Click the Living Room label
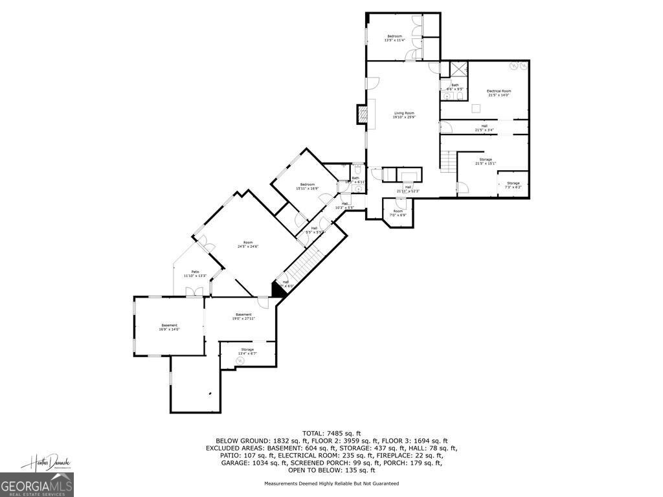coord(404,115)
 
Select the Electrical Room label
coord(499,93)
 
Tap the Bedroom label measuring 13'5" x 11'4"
coord(394,38)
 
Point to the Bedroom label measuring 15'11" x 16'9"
coord(307,186)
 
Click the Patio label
coord(195,274)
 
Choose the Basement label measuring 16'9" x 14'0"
coord(169,327)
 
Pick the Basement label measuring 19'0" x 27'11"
coord(243,316)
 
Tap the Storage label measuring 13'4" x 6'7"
coord(247,351)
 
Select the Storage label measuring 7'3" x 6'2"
coord(513,184)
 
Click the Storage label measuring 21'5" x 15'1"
coord(486,161)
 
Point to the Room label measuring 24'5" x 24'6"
coord(248,244)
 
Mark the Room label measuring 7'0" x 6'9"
coord(398,212)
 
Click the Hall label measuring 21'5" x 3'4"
coord(484,127)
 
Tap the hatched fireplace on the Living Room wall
coord(362,114)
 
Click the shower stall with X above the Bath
coord(459,69)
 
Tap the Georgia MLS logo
coord(37,485)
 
